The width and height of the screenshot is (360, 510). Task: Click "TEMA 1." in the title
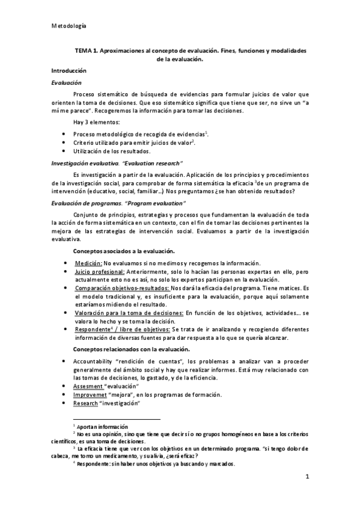(87, 52)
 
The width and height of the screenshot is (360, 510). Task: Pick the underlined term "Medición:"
(88, 263)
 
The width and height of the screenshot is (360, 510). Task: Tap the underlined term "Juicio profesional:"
(99, 272)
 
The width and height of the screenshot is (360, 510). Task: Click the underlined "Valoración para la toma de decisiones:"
(129, 313)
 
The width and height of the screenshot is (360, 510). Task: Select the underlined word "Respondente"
(91, 330)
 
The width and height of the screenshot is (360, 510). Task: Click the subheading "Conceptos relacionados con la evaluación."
(131, 349)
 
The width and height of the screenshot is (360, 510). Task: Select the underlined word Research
(85, 403)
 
